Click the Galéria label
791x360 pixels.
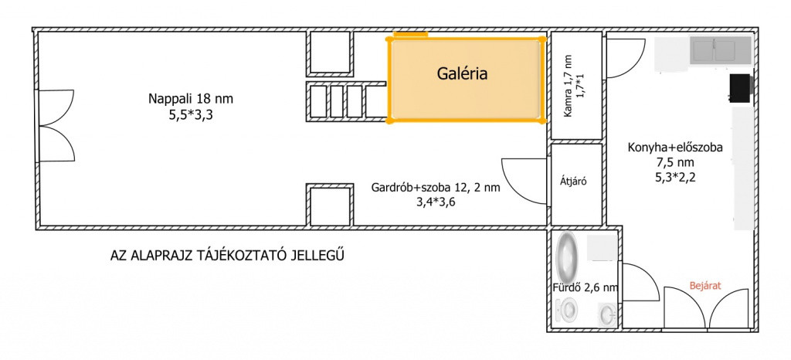tap(462, 74)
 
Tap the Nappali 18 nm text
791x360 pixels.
tap(191, 99)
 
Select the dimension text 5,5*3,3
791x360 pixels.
tap(191, 115)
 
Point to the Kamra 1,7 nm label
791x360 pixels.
tap(569, 86)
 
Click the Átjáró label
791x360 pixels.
tap(574, 182)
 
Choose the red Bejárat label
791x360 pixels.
tap(705, 285)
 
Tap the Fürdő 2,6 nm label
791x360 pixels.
tap(586, 288)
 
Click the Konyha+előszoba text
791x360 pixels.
tap(675, 148)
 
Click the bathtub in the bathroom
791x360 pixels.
tap(567, 256)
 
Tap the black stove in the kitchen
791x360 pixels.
tap(741, 88)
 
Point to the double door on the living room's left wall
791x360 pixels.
tap(56, 126)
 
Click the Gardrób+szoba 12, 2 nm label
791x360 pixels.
tap(436, 188)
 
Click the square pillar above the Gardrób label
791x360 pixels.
tap(330, 205)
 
